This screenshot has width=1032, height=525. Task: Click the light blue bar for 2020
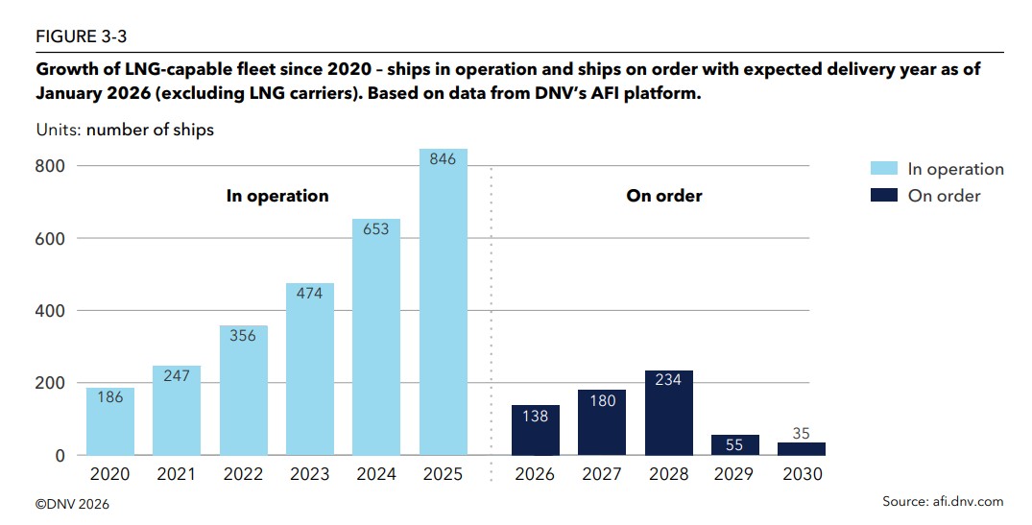pos(110,422)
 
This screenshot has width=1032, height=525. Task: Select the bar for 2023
pos(310,370)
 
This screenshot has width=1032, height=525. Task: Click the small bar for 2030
pos(801,448)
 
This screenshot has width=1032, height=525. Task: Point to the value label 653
pos(376,229)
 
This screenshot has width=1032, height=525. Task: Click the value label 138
pos(535,416)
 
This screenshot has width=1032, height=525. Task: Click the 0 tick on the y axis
pos(60,456)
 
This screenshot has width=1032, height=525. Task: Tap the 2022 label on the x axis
pos(243,474)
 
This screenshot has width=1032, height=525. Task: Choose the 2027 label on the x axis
pos(601,474)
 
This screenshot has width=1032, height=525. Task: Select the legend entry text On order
pos(944,196)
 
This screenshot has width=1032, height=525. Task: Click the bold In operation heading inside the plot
pos(277,196)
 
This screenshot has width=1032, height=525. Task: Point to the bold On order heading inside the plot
pos(664,196)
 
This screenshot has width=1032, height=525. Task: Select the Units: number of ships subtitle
pos(125,130)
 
